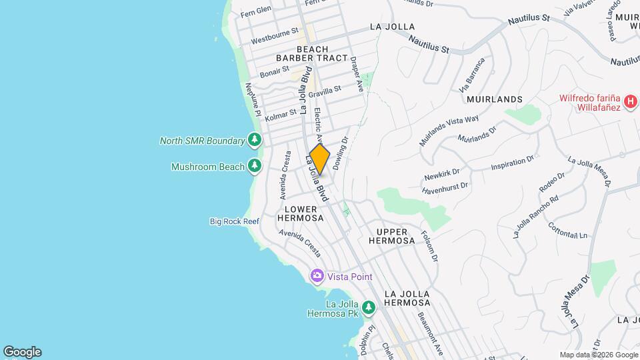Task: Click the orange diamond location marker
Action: [320, 159]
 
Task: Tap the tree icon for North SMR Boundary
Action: [253, 140]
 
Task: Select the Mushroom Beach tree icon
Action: [253, 166]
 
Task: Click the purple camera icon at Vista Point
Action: [317, 276]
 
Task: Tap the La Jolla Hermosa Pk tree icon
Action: [369, 308]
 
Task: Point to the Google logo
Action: [22, 351]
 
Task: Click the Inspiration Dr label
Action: [513, 163]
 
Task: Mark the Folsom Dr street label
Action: [430, 246]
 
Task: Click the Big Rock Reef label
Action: [234, 221]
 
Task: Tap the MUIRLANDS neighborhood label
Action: [495, 99]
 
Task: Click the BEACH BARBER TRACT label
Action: [313, 53]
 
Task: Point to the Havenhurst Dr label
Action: [446, 188]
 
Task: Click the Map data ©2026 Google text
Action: [598, 355]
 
